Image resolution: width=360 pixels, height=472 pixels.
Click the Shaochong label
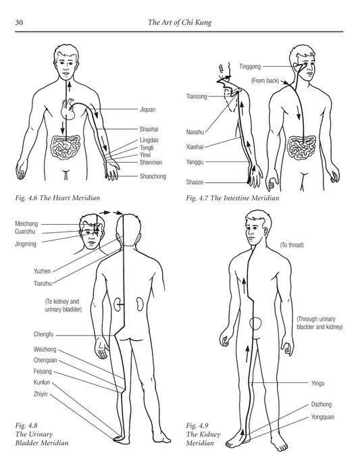154,177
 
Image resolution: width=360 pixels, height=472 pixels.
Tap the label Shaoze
195,182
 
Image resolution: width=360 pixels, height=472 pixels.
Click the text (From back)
265,80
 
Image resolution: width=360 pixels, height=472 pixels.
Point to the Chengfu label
44,334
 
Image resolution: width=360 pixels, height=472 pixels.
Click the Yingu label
318,383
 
